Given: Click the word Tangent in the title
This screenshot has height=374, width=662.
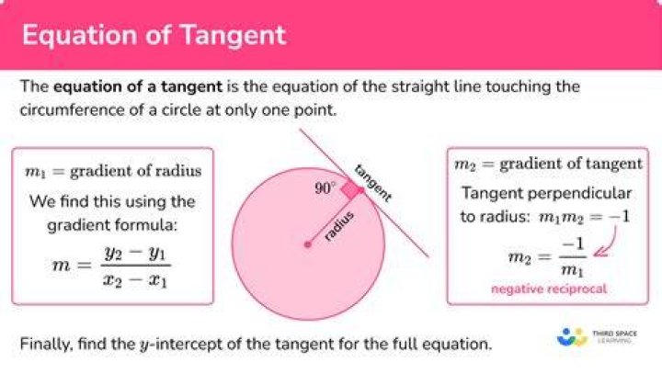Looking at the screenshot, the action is pos(234,36).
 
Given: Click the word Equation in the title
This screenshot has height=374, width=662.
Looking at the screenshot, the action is pos(80,36).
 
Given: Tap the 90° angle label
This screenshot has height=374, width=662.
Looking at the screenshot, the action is pos(325,187).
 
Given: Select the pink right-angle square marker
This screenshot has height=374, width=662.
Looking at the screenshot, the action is pos(351,190).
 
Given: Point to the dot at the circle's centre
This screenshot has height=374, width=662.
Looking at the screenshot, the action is pos(308,244).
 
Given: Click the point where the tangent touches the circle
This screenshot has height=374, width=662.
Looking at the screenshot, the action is pos(361,190).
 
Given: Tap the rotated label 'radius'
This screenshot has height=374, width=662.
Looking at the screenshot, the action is pos(339,226).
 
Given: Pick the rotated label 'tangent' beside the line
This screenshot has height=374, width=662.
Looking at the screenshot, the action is pos(373,182).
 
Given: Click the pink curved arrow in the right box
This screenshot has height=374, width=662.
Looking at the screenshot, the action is pos(607,244).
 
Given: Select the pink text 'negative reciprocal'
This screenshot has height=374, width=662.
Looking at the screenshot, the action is pos(549,289).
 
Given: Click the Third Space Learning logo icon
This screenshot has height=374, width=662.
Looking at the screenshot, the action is pos(572,337).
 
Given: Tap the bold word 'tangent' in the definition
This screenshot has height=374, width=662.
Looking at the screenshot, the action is pos(191,87).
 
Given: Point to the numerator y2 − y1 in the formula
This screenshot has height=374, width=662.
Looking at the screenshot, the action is pos(135,254).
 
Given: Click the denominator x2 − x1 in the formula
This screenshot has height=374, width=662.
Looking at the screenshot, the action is pos(135,280).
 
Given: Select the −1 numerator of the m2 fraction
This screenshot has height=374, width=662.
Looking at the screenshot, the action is pos(573,244).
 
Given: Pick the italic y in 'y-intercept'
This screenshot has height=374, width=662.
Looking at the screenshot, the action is pos(144,346).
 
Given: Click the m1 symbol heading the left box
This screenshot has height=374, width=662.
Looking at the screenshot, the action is pos(35,172).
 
